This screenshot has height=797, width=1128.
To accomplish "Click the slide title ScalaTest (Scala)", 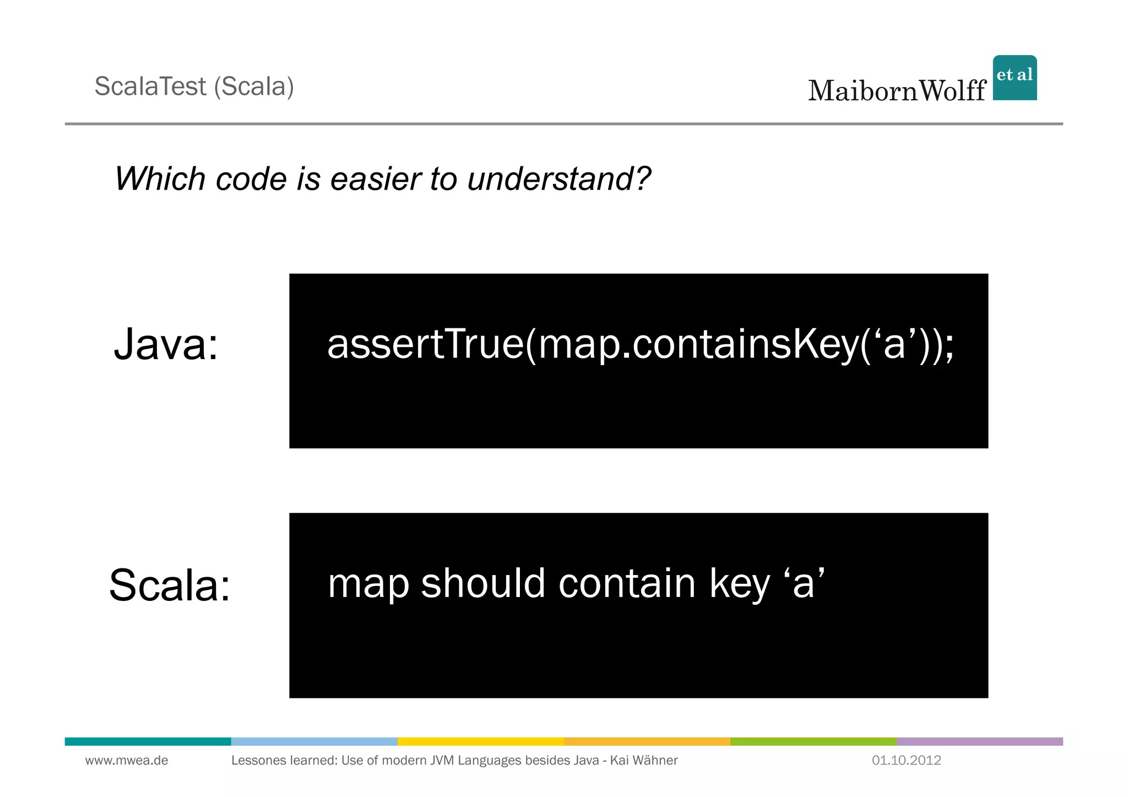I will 194,86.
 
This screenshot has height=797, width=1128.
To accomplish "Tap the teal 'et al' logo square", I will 1015,78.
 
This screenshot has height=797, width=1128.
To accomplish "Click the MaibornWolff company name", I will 897,91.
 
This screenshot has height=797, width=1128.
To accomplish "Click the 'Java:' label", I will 166,344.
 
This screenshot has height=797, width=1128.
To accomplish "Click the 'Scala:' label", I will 170,585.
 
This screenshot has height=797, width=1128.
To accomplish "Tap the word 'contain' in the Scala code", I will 627,583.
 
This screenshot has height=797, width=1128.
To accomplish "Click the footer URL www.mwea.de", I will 127,761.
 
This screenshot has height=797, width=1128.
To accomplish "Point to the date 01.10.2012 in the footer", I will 906,761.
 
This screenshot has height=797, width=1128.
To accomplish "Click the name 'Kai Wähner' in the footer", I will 644,761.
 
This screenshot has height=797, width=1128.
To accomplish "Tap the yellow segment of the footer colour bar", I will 480,741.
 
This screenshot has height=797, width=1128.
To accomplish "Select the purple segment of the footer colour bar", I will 979,741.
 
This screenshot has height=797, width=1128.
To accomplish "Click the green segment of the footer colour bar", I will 813,741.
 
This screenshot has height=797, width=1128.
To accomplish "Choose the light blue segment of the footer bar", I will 314,741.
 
